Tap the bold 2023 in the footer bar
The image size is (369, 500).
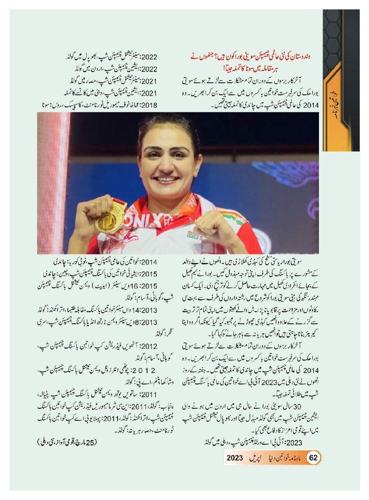click(235, 458)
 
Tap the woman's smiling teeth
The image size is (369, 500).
click(166, 180)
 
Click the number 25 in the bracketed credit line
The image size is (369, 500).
click(92, 443)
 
